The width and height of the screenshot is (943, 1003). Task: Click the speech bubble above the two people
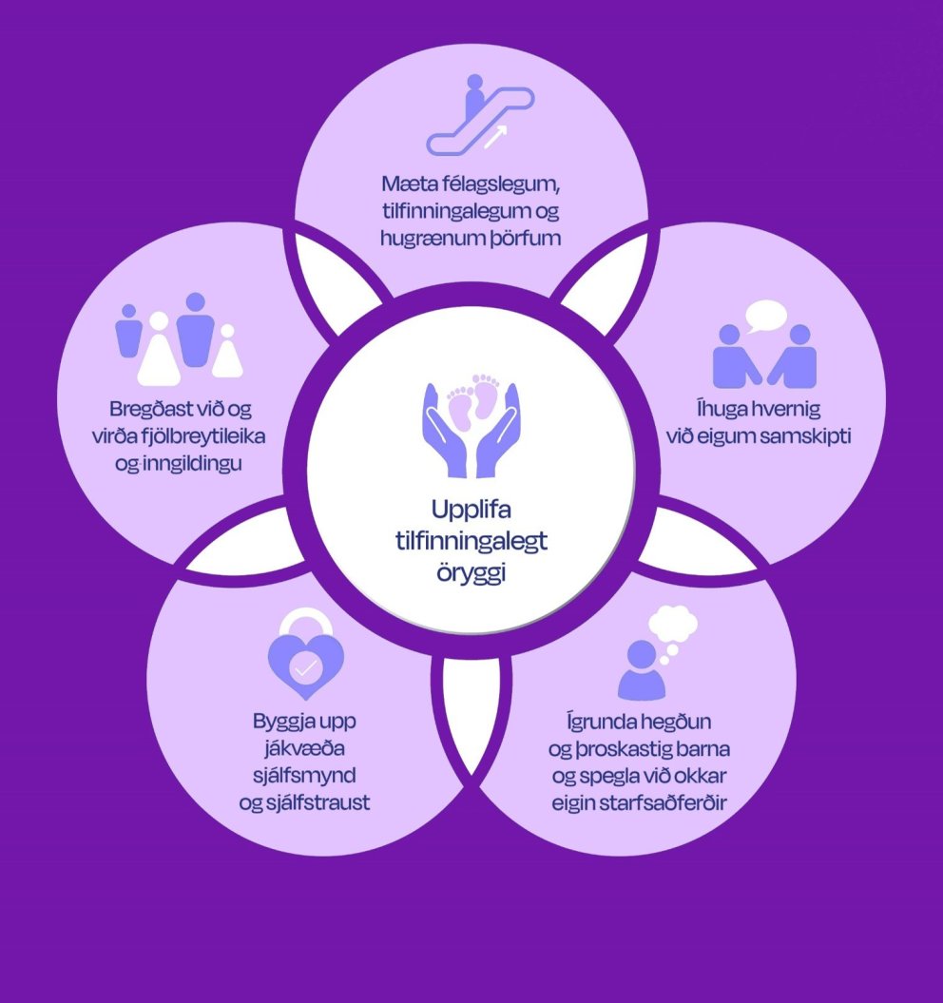766,315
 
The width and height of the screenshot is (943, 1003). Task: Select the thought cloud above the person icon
673,628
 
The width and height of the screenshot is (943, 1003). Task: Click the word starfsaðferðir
671,802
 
